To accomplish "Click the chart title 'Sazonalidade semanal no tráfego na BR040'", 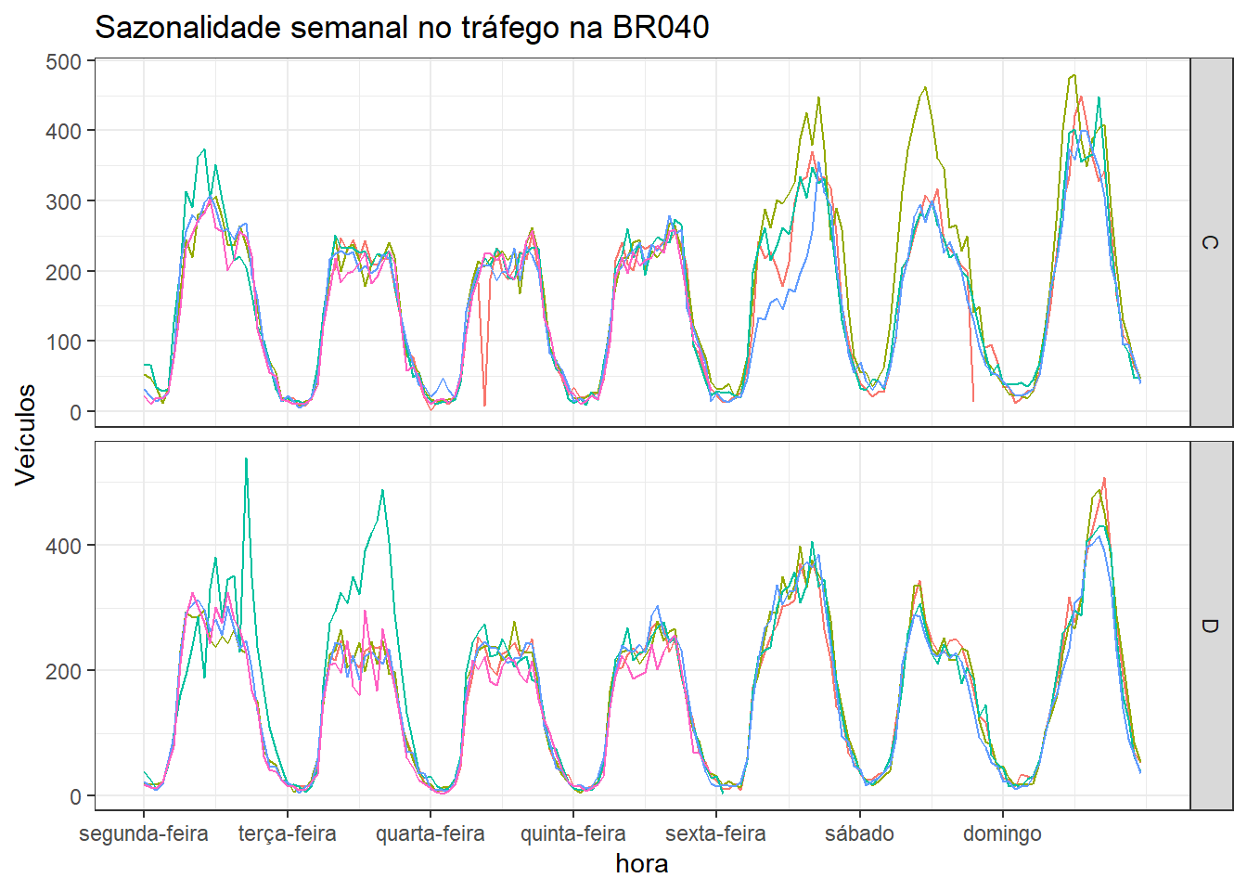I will click(x=402, y=28).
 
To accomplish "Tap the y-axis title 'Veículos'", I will click(x=26, y=434).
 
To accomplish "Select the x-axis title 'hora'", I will click(x=641, y=864).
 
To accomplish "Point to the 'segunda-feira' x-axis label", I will click(x=144, y=833).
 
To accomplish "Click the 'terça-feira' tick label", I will click(x=287, y=833).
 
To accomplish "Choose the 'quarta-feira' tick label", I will click(x=430, y=833).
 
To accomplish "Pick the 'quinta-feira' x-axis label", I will click(x=572, y=833).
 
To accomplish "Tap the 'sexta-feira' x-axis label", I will click(x=715, y=833).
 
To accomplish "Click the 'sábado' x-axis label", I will click(x=859, y=833).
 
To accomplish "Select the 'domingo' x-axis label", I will click(x=1002, y=833).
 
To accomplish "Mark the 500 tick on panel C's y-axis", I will click(x=64, y=62).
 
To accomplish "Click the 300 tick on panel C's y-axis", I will click(x=64, y=201).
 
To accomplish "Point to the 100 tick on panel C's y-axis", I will click(x=64, y=342).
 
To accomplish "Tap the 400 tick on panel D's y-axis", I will click(x=64, y=546).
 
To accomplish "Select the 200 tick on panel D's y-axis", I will click(x=64, y=671).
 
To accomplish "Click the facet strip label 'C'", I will click(x=1210, y=242).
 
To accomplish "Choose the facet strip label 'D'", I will click(x=1210, y=626).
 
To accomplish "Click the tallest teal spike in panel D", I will click(x=246, y=458).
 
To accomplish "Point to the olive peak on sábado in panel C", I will click(x=925, y=88).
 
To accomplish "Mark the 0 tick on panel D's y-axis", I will click(x=75, y=796).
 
